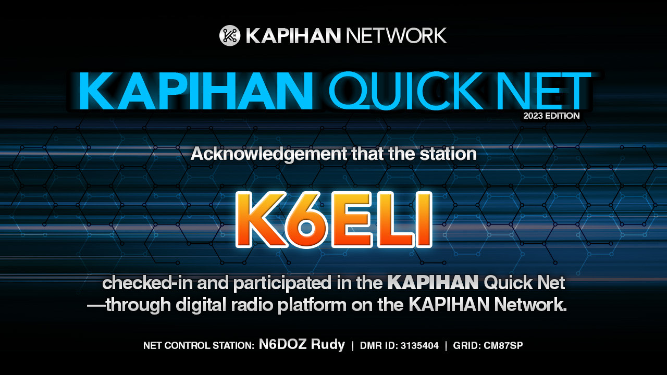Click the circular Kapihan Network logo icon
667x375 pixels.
tap(230, 35)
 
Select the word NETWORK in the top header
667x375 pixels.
tap(396, 36)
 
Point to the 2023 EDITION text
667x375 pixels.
tap(551, 116)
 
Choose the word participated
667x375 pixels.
tap(282, 283)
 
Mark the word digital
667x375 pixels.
tap(201, 305)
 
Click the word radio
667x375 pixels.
tap(251, 305)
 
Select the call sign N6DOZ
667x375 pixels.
tap(283, 344)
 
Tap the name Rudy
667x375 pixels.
tap(328, 345)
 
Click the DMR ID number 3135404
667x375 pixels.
tap(419, 345)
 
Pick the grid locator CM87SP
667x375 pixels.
tap(503, 345)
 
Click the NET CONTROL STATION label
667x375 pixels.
tap(199, 345)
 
